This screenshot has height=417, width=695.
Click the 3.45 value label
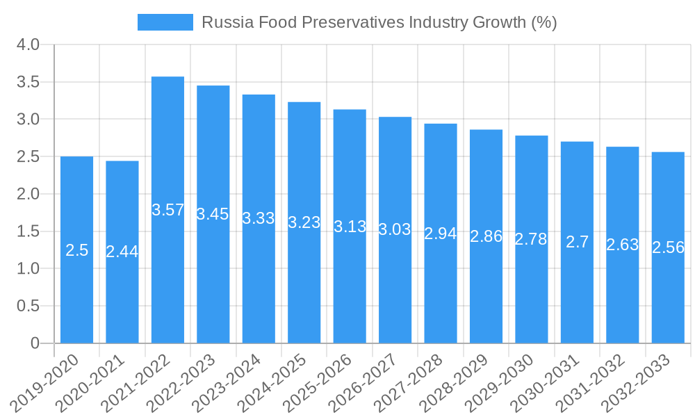pos(213,214)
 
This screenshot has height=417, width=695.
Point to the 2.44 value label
pos(122,252)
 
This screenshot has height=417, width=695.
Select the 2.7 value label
pos(577,242)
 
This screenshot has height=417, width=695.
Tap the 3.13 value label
pos(350,227)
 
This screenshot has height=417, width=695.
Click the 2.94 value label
pos(441,234)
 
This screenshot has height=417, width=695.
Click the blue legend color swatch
pos(165,22)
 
